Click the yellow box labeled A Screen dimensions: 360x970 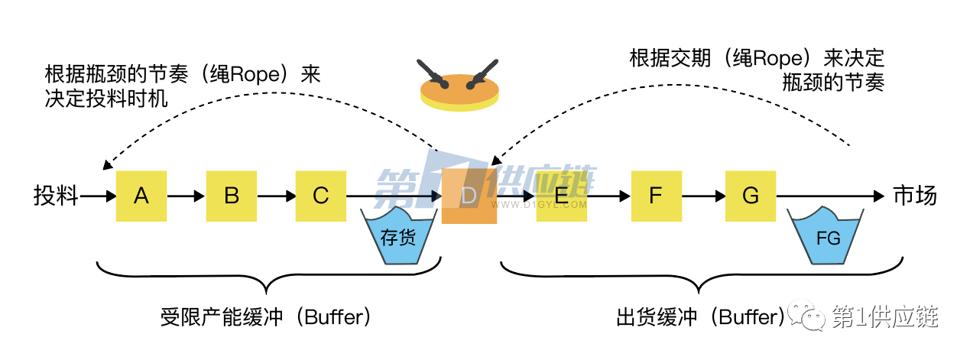(x=141, y=196)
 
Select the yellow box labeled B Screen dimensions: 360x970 (x=232, y=196)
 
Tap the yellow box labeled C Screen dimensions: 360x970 (x=321, y=196)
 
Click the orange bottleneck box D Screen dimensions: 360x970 (x=469, y=197)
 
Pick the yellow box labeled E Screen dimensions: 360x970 (x=561, y=196)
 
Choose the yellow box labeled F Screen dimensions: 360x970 (x=655, y=196)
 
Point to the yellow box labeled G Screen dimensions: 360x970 (x=750, y=196)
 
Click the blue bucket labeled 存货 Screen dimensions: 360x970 (x=399, y=237)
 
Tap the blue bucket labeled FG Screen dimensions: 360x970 (x=829, y=237)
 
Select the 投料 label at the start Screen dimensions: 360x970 (x=56, y=196)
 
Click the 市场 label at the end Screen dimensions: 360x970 (x=915, y=196)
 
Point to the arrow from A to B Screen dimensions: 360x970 (x=187, y=196)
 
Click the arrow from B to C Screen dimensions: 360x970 (x=277, y=196)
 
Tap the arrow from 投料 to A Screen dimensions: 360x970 (x=98, y=196)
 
